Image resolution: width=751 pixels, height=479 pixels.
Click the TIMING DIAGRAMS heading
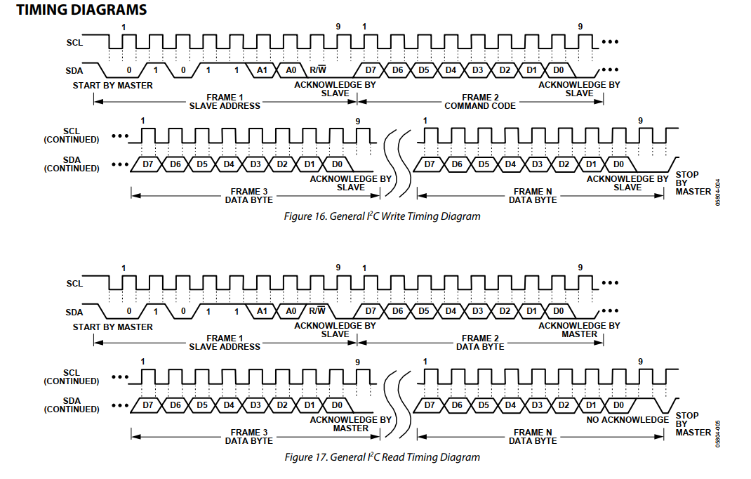tap(81, 10)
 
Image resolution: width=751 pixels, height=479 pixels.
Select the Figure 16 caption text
tap(382, 216)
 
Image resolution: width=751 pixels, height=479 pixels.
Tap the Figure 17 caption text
tap(382, 457)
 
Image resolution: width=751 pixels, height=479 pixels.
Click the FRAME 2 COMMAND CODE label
tap(480, 102)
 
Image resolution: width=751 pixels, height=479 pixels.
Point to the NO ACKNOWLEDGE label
tap(627, 420)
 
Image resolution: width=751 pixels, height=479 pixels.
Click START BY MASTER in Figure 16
tap(112, 86)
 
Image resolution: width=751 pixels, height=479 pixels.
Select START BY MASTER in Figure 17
tap(112, 327)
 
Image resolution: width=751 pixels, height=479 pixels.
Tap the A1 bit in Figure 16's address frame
tap(262, 70)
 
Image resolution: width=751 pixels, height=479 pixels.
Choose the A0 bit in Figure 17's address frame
tap(290, 311)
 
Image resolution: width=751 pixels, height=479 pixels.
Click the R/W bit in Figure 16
tap(318, 70)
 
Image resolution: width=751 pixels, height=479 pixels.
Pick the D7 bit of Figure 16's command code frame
tap(371, 70)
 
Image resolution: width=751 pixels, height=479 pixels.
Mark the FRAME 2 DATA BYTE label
tap(480, 343)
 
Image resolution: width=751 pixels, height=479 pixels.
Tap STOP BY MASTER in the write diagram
tap(693, 183)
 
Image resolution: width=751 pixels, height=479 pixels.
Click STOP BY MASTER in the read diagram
tap(693, 424)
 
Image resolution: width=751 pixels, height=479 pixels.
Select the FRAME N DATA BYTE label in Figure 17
tap(533, 436)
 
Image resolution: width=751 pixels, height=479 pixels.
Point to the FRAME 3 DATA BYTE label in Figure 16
tap(249, 195)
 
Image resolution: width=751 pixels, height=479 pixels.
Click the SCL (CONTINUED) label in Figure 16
tap(72, 135)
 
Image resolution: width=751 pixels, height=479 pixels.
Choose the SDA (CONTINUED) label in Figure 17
tap(72, 405)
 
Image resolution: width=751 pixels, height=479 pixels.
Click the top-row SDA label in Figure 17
tap(74, 312)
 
